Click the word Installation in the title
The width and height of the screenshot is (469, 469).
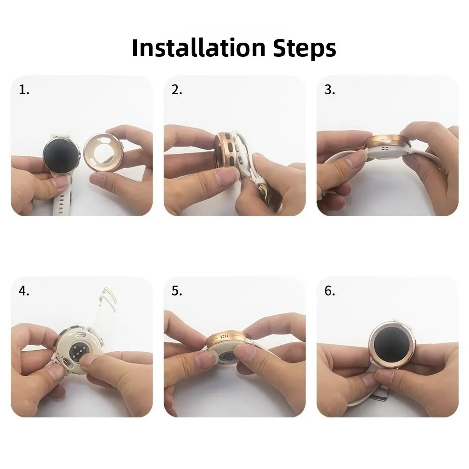[x=199, y=47]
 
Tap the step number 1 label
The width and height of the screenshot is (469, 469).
[x=23, y=90]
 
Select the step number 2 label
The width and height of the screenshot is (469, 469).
[x=176, y=90]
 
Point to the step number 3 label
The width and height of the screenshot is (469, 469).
[x=330, y=90]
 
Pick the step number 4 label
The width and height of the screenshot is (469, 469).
[x=23, y=291]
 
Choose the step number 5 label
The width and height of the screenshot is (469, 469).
[x=176, y=291]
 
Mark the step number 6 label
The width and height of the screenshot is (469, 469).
[x=330, y=291]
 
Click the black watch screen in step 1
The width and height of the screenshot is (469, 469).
[x=61, y=156]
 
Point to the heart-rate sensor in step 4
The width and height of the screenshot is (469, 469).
[x=78, y=351]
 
